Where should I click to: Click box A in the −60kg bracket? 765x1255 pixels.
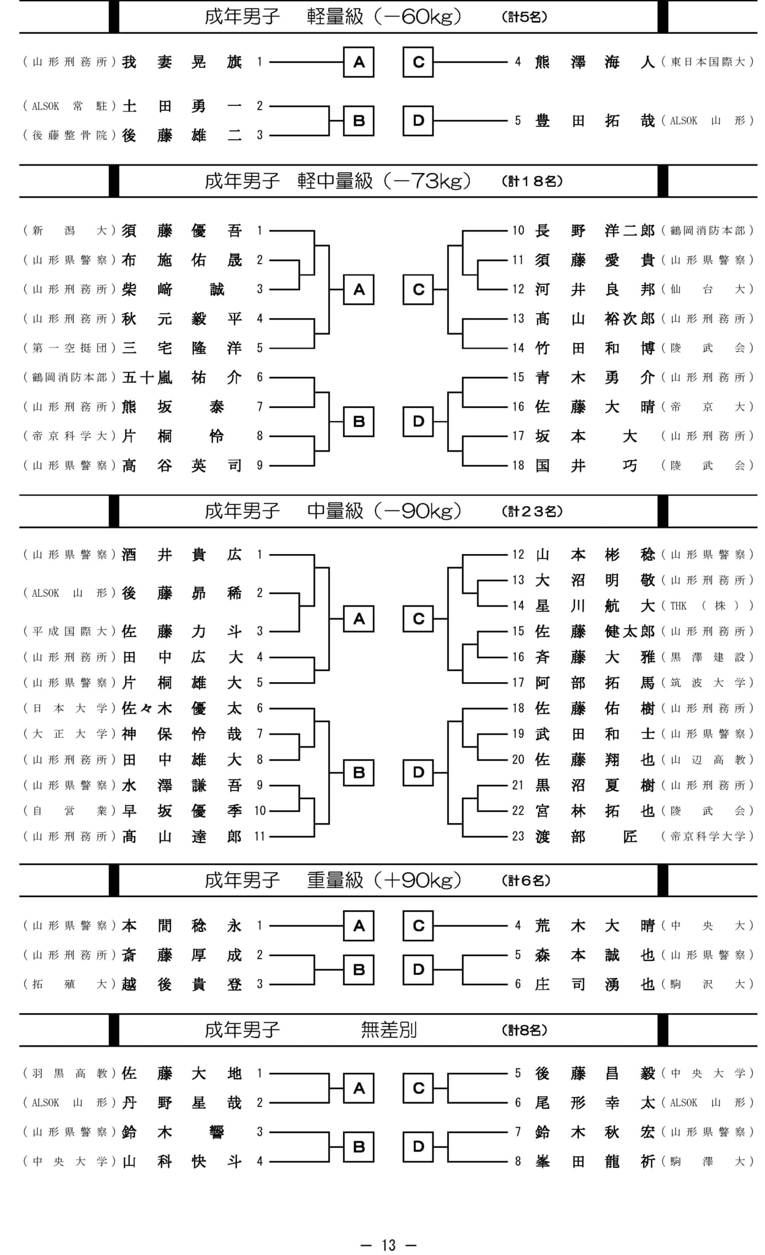tap(359, 62)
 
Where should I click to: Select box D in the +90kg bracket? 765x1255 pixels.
tap(418, 969)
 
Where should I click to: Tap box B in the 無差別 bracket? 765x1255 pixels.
tap(359, 1147)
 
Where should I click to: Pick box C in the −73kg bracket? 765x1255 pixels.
tap(418, 289)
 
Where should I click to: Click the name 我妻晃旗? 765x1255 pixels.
tap(182, 62)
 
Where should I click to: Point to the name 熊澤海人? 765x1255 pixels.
tap(595, 62)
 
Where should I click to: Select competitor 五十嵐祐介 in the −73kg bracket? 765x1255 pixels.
tap(182, 377)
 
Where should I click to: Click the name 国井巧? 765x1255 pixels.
tap(586, 466)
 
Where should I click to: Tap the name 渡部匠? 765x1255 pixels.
tap(586, 836)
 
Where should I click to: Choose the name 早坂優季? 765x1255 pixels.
tap(182, 811)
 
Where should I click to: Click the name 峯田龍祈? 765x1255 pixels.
tap(595, 1161)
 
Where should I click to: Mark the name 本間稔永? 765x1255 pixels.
tap(182, 925)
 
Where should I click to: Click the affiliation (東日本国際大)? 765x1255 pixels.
tap(707, 62)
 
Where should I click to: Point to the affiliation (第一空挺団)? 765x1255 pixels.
tap(69, 348)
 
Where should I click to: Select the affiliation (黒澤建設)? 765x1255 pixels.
tap(707, 657)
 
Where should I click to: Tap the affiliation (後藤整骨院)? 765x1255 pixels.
tap(69, 135)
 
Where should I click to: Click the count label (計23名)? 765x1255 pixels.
tap(532, 511)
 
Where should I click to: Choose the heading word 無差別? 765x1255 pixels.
tap(389, 1030)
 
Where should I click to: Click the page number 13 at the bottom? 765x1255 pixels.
tap(388, 1245)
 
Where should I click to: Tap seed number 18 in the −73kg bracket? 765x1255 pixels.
tap(518, 466)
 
